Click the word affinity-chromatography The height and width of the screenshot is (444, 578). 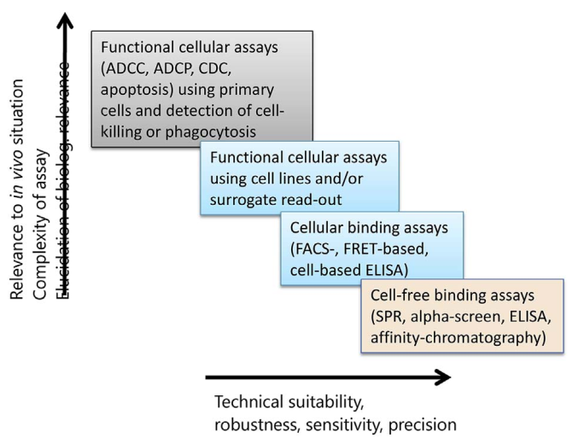click(x=458, y=337)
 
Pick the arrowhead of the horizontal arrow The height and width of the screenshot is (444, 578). click(x=442, y=376)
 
